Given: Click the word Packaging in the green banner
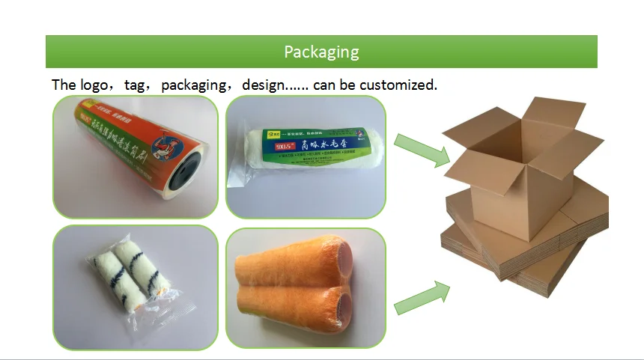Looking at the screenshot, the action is click(321, 52).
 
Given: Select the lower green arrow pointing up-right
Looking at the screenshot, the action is click(422, 296).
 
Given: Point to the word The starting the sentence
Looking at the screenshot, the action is click(64, 85).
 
